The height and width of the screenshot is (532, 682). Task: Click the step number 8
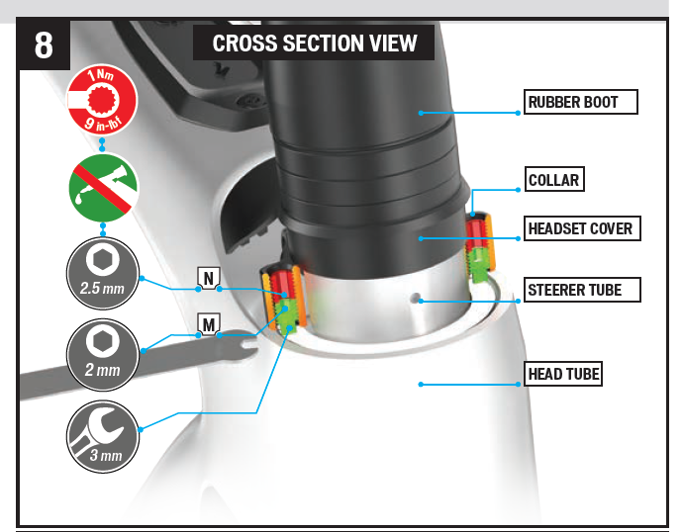pyautogui.click(x=44, y=45)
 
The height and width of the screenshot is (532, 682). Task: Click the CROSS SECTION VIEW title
pyautogui.click(x=314, y=44)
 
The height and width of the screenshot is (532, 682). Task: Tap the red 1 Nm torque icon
pyautogui.click(x=102, y=101)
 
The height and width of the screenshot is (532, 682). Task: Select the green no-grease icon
pyautogui.click(x=103, y=188)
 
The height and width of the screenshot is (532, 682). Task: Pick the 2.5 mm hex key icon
pyautogui.click(x=103, y=273)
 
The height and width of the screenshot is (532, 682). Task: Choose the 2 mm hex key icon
pyautogui.click(x=103, y=355)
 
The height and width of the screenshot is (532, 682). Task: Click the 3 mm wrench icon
pyautogui.click(x=103, y=436)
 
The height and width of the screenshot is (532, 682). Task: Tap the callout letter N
pyautogui.click(x=208, y=278)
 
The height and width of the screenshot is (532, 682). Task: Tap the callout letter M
pyautogui.click(x=208, y=324)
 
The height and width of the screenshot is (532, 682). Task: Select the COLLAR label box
pyautogui.click(x=554, y=179)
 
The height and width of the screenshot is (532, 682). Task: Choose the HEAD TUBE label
pyautogui.click(x=563, y=374)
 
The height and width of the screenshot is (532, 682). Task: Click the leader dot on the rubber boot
pyautogui.click(x=421, y=113)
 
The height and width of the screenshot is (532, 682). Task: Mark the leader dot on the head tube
pyautogui.click(x=421, y=385)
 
